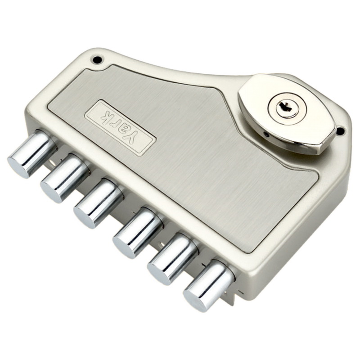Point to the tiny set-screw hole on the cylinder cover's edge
266,134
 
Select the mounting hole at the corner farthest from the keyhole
96,59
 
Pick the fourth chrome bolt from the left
137,231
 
